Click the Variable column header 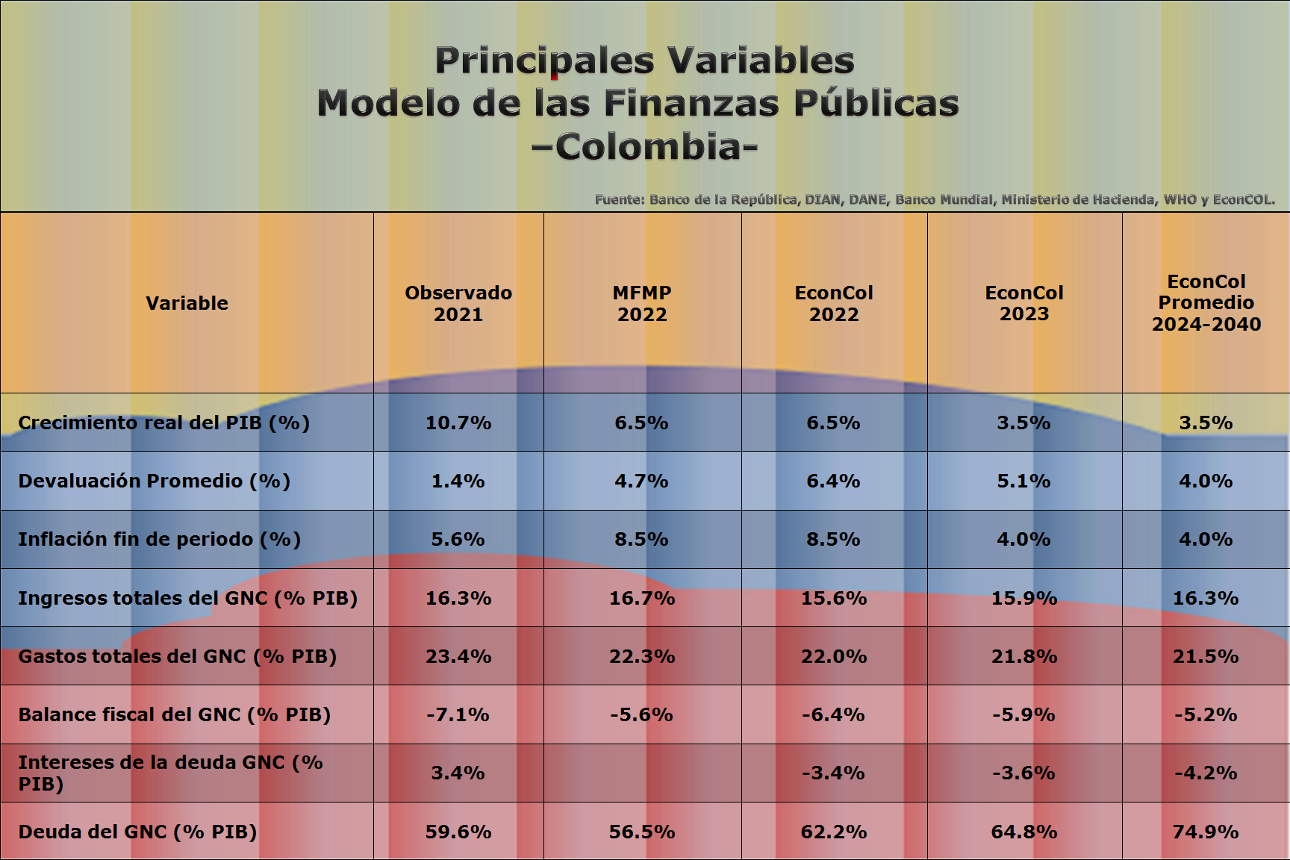coord(187,303)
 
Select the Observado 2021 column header coord(458,303)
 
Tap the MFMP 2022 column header coord(642,303)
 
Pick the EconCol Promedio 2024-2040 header coord(1206,303)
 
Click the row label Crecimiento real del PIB coord(163,423)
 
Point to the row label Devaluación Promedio coord(154,481)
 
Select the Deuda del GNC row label coord(137,832)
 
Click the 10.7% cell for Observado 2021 coord(458,423)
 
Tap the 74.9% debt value coord(1206,832)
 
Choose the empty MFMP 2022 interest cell coord(642,773)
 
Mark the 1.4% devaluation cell coord(458,481)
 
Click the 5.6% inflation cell coord(458,539)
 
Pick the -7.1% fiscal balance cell coord(458,714)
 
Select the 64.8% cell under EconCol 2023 coord(1024,832)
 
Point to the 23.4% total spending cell coord(458,656)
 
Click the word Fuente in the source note coord(619,199)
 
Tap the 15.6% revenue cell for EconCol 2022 coord(834,598)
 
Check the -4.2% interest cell coord(1206,773)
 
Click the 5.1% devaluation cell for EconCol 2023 coord(1024,481)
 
